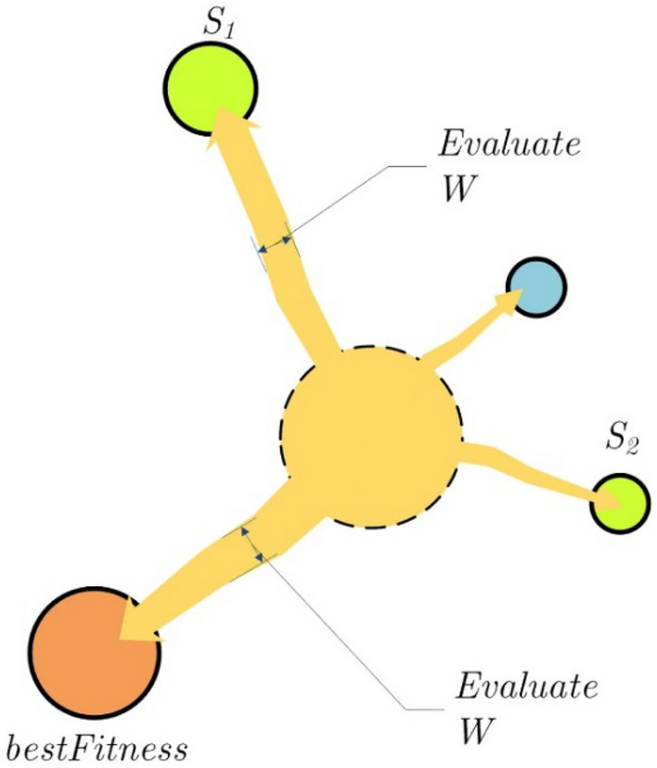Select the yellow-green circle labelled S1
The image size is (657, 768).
(x=208, y=89)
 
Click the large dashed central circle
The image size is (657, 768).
(x=370, y=435)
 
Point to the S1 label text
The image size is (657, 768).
(x=220, y=23)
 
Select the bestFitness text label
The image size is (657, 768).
(x=97, y=747)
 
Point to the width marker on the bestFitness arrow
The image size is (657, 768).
(x=251, y=543)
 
